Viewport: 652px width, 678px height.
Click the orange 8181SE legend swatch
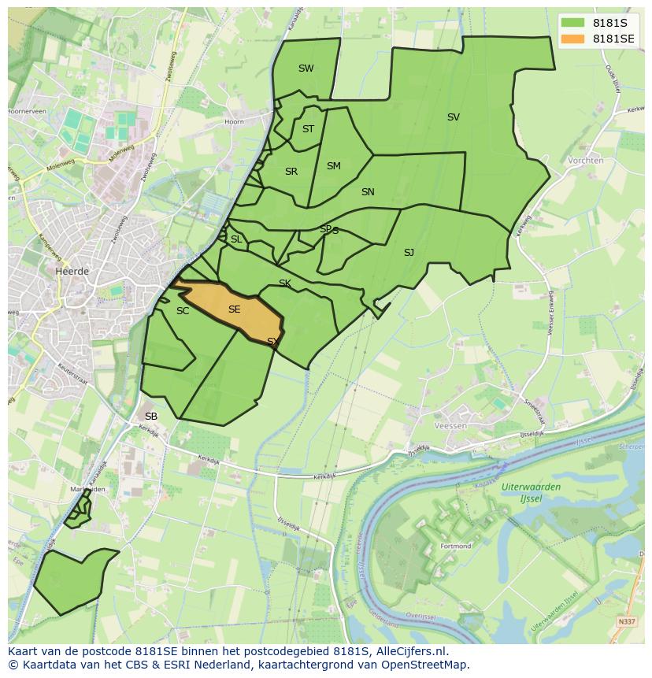coord(574,39)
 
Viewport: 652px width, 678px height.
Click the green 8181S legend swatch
coord(574,23)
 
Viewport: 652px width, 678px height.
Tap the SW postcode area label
coord(306,69)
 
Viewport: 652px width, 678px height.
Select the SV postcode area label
coord(453,117)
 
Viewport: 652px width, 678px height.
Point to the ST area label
coord(308,129)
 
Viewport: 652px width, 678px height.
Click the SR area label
coord(291,172)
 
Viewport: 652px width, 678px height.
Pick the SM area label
coord(333,166)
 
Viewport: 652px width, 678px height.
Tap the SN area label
coord(368,192)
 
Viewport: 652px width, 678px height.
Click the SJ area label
coord(409,253)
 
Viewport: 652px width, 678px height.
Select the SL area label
coord(236,239)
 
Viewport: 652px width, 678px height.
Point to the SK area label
coord(285,283)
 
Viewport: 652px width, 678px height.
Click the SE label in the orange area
coord(234,309)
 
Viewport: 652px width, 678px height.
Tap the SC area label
coord(183,311)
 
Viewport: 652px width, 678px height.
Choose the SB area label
coord(151,416)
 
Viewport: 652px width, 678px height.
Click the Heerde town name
coord(72,271)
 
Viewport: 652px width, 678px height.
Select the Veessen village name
coord(450,426)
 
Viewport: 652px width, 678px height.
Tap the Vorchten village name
coord(585,161)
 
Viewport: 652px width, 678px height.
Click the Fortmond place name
coord(456,546)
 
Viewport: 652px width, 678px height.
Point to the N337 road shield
coord(627,622)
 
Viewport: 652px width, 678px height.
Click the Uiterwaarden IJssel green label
coord(531,492)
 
